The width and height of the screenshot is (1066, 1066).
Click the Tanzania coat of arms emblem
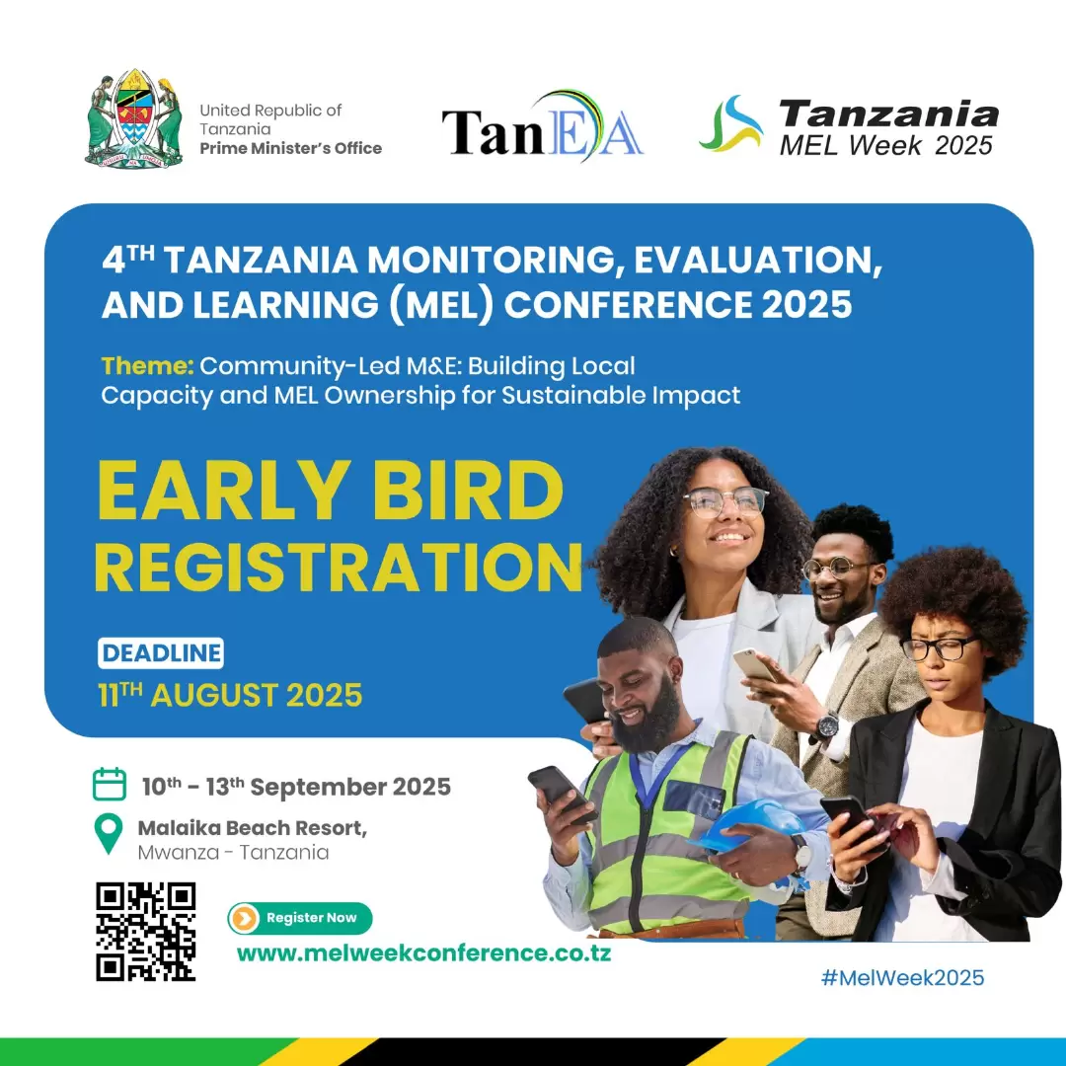134,118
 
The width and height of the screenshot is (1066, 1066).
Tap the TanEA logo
543,127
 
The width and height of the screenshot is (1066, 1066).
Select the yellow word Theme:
147,366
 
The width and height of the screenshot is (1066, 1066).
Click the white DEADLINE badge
161,653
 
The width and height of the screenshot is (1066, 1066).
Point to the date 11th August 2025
230,695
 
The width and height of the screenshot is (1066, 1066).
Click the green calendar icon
110,785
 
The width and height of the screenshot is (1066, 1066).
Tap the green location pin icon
109,833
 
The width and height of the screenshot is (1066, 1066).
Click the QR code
145,932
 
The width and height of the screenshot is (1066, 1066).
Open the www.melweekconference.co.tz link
423,953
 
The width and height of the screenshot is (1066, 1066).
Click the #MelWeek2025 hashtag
902,977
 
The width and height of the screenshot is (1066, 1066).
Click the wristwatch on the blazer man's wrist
827,726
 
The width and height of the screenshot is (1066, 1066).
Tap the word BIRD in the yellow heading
468,491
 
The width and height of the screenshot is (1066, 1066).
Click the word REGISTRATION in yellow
339,567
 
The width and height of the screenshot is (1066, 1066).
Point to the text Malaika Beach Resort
253,828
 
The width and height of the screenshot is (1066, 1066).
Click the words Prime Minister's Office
291,148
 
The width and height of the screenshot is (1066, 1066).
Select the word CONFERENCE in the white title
628,304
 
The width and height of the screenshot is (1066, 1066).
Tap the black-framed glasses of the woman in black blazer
939,647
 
